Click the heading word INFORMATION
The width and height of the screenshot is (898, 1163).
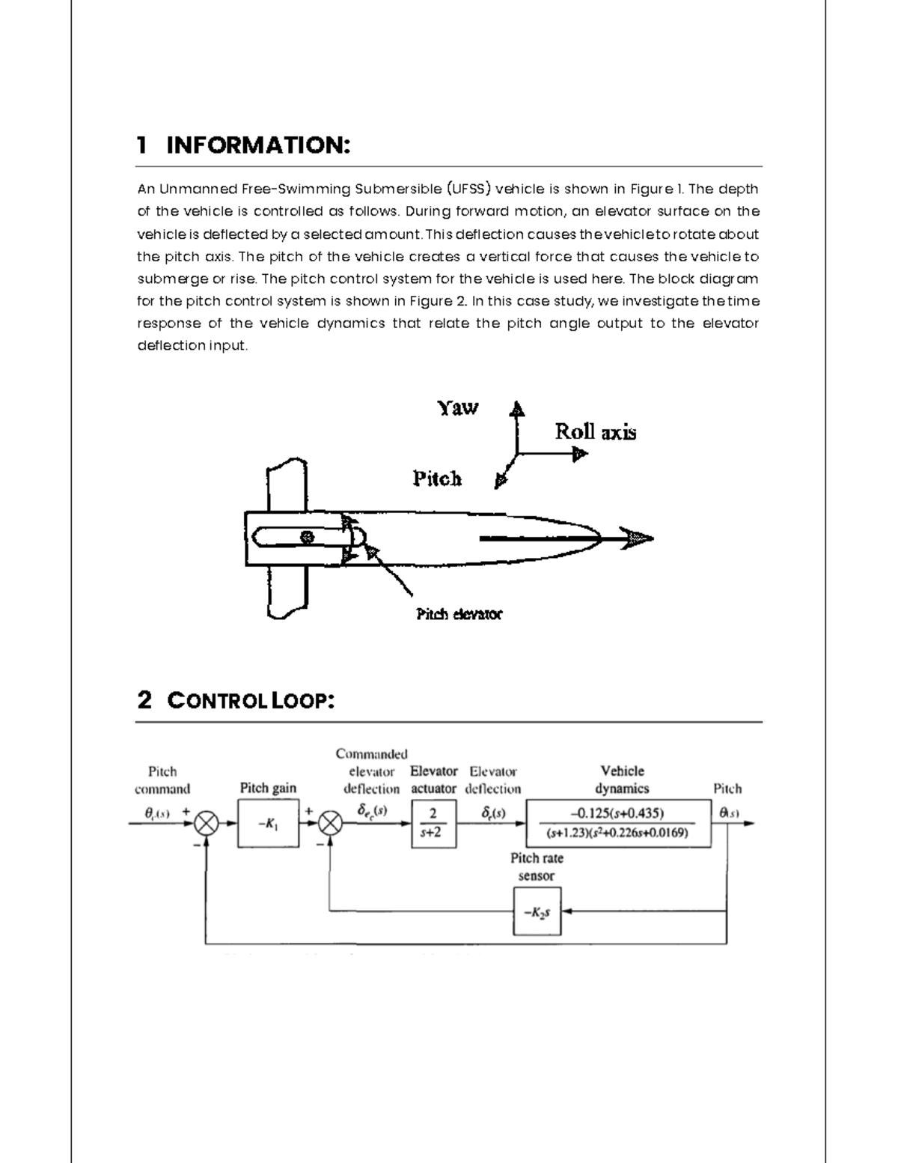click(257, 145)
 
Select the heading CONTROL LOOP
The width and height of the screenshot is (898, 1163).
click(250, 701)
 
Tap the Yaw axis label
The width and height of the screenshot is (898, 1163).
click(457, 408)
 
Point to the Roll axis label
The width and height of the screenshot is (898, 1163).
click(595, 432)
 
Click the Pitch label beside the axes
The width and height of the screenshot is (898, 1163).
click(437, 479)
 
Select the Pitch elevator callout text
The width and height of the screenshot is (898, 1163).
click(459, 614)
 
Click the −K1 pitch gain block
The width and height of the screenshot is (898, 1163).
click(268, 823)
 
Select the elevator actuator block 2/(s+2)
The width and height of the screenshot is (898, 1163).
click(433, 823)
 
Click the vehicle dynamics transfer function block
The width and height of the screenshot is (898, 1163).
click(618, 823)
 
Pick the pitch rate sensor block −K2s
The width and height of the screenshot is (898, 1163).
click(537, 911)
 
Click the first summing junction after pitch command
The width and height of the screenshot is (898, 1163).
click(206, 824)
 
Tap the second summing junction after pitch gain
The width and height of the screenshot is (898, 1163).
click(329, 824)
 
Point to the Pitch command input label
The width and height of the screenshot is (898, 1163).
click(162, 780)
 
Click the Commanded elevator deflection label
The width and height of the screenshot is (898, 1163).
click(371, 771)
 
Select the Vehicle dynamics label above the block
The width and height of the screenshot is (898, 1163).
click(622, 780)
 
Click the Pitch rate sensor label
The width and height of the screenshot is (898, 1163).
click(537, 866)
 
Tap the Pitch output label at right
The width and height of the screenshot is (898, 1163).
click(727, 789)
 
